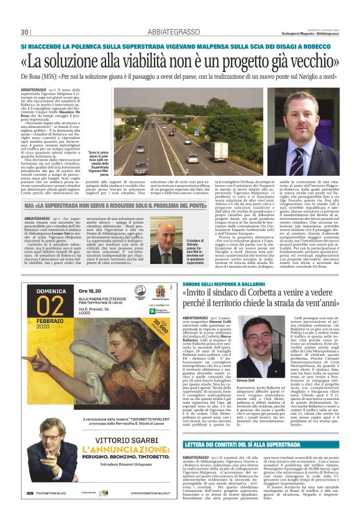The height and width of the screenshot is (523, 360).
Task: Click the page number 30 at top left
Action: [25, 32]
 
